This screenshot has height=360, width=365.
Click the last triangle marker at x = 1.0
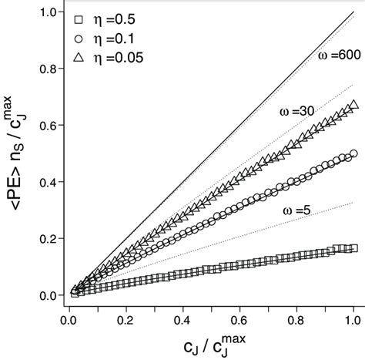[x=353, y=106]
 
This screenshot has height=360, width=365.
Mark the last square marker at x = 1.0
[x=353, y=248]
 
